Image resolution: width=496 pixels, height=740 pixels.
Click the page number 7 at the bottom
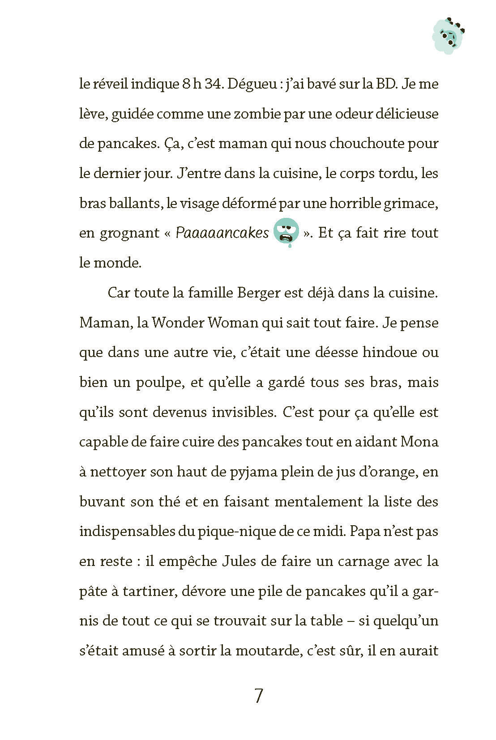pyautogui.click(x=258, y=696)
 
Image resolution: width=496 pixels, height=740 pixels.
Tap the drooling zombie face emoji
pyautogui.click(x=286, y=232)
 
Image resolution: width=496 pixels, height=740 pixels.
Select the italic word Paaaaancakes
pyautogui.click(x=222, y=233)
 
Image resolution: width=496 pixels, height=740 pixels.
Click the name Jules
pyautogui.click(x=239, y=561)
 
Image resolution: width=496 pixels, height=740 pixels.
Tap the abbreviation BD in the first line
pyautogui.click(x=387, y=84)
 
